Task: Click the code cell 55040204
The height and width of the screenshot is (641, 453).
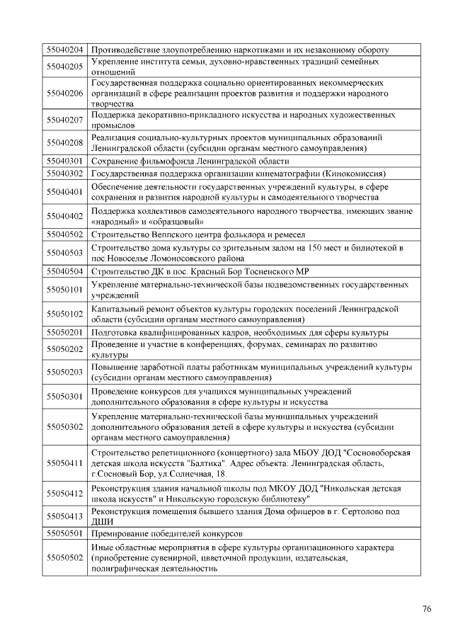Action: pyautogui.click(x=65, y=50)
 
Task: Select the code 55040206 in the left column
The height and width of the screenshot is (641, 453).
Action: pyautogui.click(x=65, y=93)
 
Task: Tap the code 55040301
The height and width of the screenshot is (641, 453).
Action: pyautogui.click(x=65, y=161)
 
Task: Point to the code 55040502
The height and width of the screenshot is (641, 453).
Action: pyautogui.click(x=65, y=234)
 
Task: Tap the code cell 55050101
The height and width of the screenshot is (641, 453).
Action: pyautogui.click(x=65, y=289)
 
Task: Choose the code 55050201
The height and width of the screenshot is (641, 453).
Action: pyautogui.click(x=65, y=332)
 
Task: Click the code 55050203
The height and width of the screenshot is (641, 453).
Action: pyautogui.click(x=65, y=372)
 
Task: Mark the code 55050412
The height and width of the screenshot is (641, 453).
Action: pyautogui.click(x=65, y=493)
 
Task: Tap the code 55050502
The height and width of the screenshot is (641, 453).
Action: pyautogui.click(x=65, y=557)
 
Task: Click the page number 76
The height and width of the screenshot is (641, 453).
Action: pyautogui.click(x=427, y=609)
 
